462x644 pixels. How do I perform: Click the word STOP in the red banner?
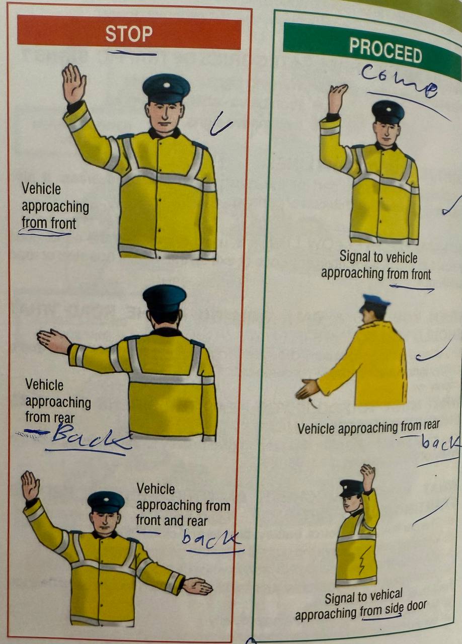coord(129,34)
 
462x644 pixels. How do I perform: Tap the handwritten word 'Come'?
coord(399,80)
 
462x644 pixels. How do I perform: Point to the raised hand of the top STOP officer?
coord(74,84)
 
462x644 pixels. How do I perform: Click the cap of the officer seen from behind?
coord(165,298)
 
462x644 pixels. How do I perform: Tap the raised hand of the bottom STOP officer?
coord(30,487)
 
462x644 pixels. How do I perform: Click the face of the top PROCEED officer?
coord(387,132)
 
